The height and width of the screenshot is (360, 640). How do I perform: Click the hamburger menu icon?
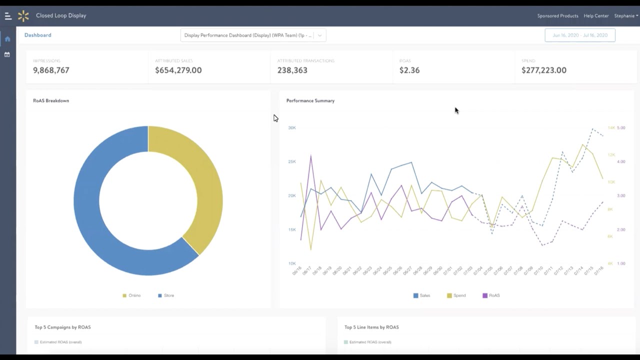pos(8,16)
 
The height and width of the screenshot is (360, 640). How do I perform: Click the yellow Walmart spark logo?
pos(23,16)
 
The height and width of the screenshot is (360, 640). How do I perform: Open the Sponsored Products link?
pos(557,16)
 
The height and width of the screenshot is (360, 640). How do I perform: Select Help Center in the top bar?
pos(596,16)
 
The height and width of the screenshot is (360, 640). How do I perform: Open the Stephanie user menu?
pos(626,16)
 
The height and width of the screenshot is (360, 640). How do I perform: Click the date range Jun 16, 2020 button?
pos(580,35)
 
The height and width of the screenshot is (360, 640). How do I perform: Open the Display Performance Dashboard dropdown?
pos(253,35)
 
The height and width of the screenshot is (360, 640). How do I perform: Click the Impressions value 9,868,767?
pos(51,70)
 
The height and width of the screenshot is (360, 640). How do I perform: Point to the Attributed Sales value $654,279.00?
pos(178,70)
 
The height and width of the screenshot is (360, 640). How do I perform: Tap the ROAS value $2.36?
pos(409,70)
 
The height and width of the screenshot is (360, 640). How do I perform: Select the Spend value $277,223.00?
pos(544,70)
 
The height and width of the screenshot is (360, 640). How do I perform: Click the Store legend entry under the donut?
pos(166,295)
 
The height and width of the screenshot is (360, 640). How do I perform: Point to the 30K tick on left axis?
pos(292,128)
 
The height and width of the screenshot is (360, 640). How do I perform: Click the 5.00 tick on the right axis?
pos(621,128)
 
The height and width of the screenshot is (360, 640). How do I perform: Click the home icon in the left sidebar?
pos(7,39)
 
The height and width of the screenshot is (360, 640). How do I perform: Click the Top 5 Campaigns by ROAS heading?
pos(62,327)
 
